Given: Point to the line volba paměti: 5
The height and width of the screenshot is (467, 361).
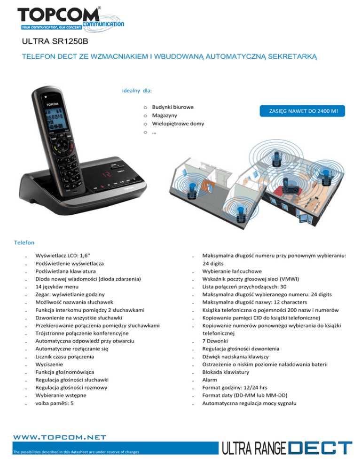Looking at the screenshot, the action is pyautogui.click(x=55, y=403).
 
